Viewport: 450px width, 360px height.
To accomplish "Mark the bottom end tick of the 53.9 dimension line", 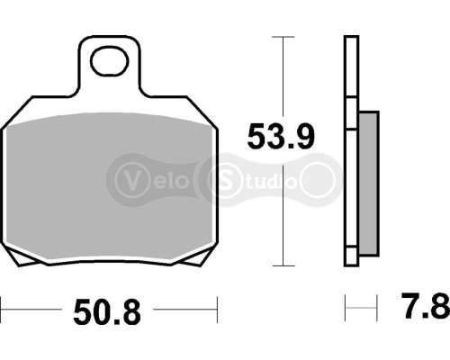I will pyautogui.click(x=283, y=266).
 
